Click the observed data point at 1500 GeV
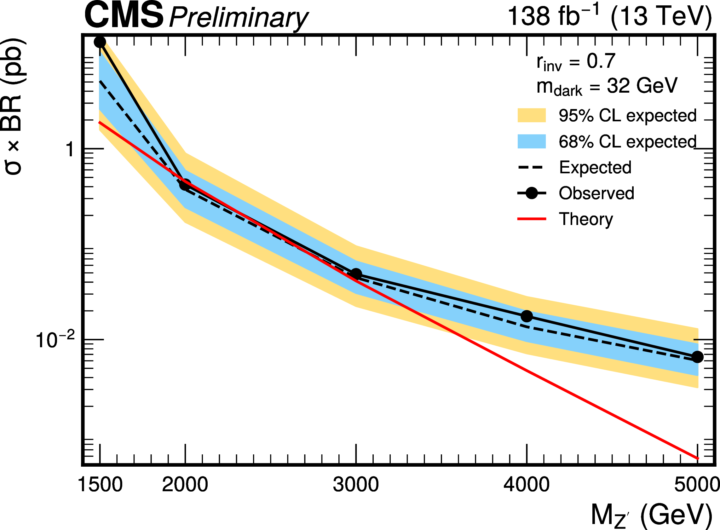(x=100, y=42)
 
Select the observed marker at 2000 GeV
(x=185, y=185)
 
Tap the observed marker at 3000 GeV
(x=356, y=274)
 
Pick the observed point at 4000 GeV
(x=527, y=316)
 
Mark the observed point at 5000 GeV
(x=697, y=357)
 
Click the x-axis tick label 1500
(x=100, y=484)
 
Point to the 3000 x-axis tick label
(x=356, y=484)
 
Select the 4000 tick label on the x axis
(x=527, y=484)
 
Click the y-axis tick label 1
(x=70, y=149)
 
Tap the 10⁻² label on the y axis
(x=55, y=340)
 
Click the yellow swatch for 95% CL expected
(x=531, y=116)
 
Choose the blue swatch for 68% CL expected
(x=531, y=141)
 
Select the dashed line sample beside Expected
(x=531, y=167)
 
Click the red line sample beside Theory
(x=531, y=219)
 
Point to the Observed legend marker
(x=531, y=193)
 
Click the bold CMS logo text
(x=124, y=15)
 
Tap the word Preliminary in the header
(x=239, y=18)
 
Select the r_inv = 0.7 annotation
(x=576, y=62)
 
